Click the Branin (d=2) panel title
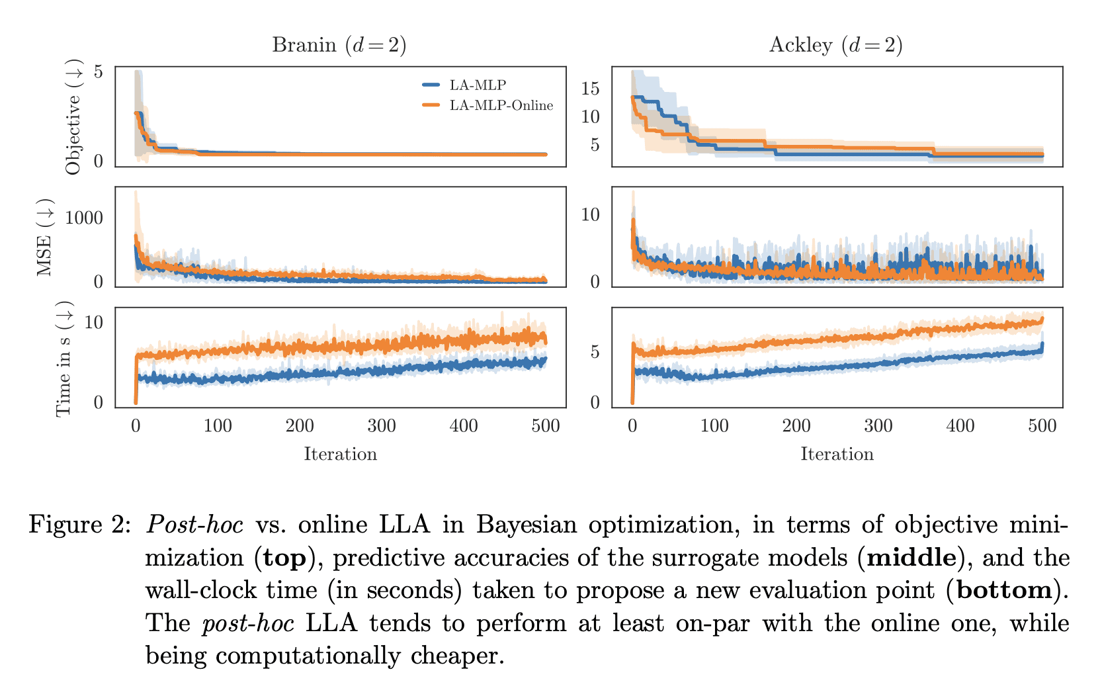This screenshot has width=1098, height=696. [x=339, y=45]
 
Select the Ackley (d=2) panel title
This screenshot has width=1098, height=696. [x=836, y=45]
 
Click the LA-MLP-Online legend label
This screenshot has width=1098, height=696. [x=501, y=105]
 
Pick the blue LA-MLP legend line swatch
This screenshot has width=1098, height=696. [x=431, y=85]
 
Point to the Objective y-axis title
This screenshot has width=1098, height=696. [x=73, y=118]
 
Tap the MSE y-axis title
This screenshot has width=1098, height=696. [x=45, y=237]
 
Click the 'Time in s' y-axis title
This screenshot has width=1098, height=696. [x=63, y=359]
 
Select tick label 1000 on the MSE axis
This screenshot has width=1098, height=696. [x=85, y=218]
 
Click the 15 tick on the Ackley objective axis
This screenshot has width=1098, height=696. [x=590, y=89]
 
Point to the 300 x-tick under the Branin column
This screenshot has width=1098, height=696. [x=382, y=425]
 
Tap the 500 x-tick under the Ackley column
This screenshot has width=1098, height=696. [x=1042, y=425]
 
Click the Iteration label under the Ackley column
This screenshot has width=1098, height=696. [x=837, y=454]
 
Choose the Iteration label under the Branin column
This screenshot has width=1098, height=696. [x=340, y=454]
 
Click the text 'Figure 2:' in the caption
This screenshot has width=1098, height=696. [x=79, y=525]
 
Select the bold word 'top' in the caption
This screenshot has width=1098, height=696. [x=284, y=558]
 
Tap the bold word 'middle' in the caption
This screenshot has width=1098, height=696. [x=911, y=558]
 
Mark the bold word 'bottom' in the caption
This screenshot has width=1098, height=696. [x=1003, y=590]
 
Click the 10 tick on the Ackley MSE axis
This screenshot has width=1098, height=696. [x=590, y=215]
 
